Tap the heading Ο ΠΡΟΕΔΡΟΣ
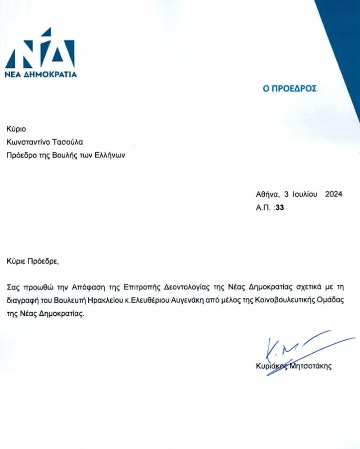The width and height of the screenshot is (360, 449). click(x=290, y=88)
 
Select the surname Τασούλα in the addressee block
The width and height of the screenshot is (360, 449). click(x=66, y=142)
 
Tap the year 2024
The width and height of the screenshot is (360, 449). click(x=334, y=194)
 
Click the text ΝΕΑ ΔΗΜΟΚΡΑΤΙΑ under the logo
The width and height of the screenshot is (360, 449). click(x=41, y=74)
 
